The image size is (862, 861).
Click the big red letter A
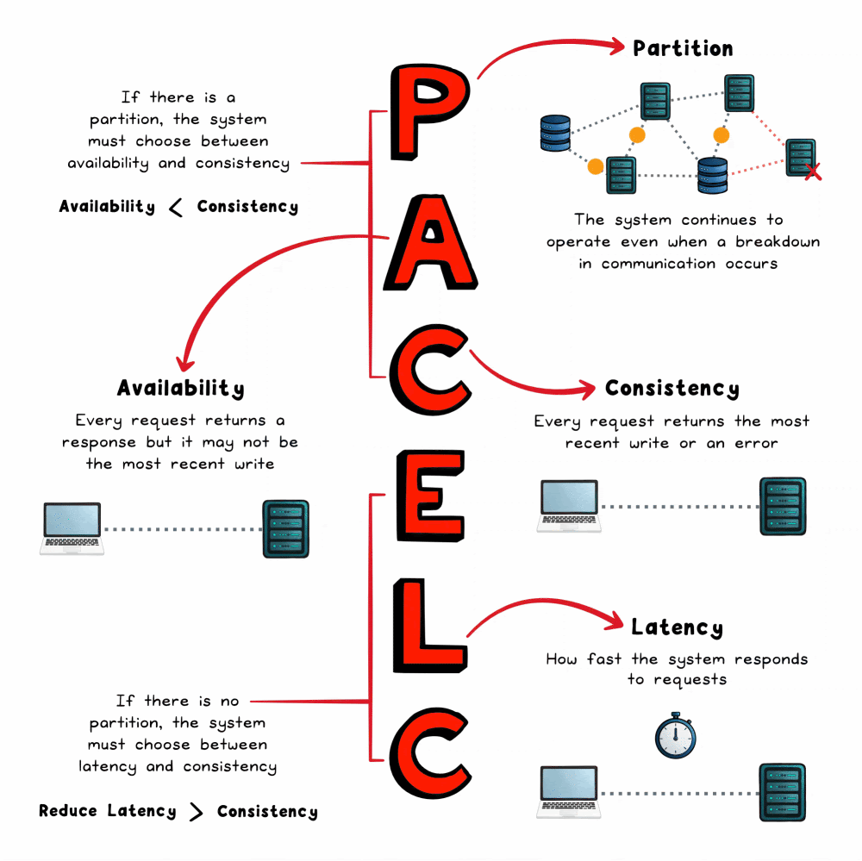(431, 244)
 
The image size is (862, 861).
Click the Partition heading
(683, 48)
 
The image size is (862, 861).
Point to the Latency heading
(677, 627)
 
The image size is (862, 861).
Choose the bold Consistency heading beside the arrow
(671, 389)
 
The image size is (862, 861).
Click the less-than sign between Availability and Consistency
(176, 207)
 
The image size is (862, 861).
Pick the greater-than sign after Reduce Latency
(197, 812)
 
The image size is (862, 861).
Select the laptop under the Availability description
(72, 528)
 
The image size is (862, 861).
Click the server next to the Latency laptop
(782, 791)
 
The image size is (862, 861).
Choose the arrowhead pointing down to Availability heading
(180, 360)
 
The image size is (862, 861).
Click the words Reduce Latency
(107, 812)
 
